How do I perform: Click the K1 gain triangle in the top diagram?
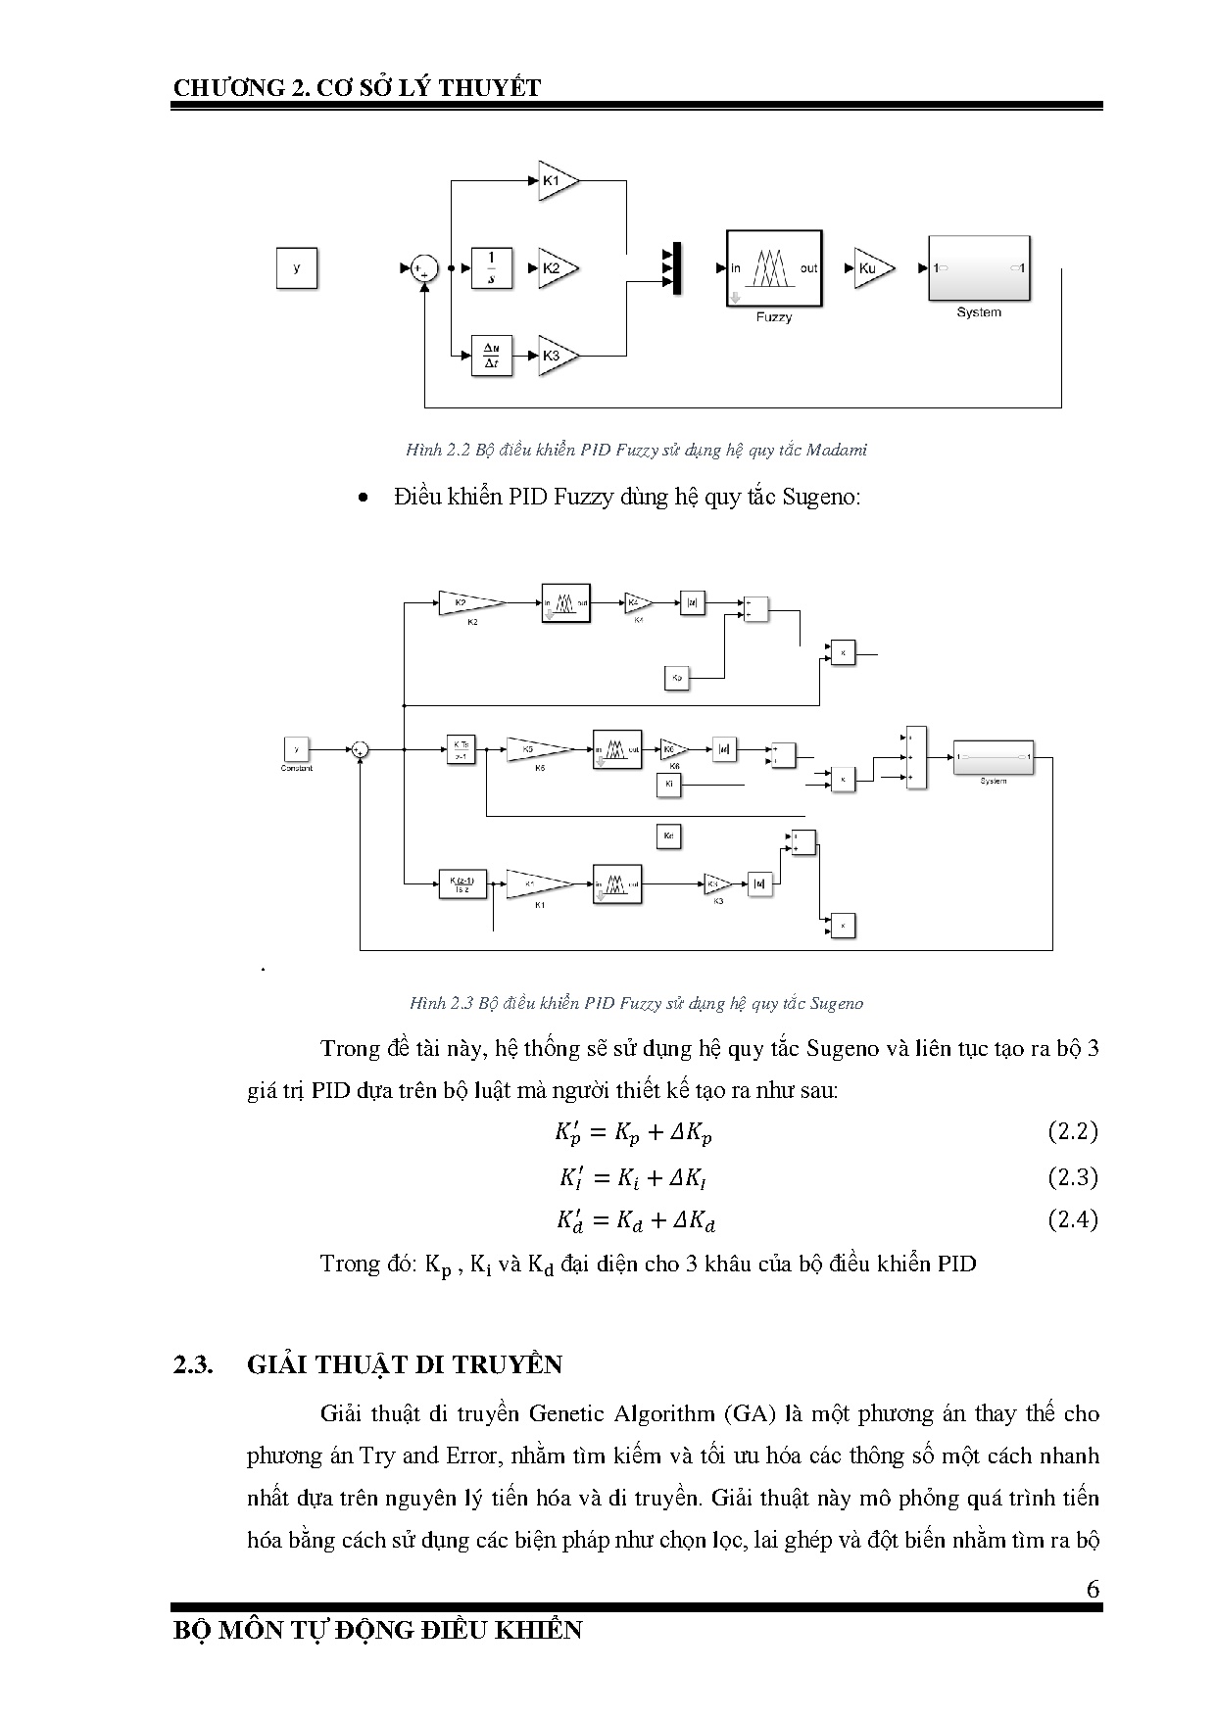pyautogui.click(x=557, y=181)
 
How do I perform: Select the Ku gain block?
pyautogui.click(x=872, y=268)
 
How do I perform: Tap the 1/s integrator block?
pyautogui.click(x=492, y=268)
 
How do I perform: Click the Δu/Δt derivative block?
pyautogui.click(x=492, y=355)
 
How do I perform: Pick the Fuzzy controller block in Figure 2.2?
pyautogui.click(x=774, y=268)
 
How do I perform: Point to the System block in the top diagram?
pyautogui.click(x=979, y=267)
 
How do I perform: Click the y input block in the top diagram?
pyautogui.click(x=297, y=268)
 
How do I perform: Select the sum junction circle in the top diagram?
pyautogui.click(x=424, y=268)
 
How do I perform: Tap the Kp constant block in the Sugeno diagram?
pyautogui.click(x=677, y=677)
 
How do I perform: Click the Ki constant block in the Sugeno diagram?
pyautogui.click(x=669, y=785)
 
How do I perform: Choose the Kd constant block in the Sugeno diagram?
pyautogui.click(x=668, y=836)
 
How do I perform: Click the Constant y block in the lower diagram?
pyautogui.click(x=296, y=749)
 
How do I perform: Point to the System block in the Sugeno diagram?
pyautogui.click(x=994, y=756)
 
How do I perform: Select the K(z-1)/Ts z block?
pyautogui.click(x=462, y=884)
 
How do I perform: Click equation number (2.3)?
pyautogui.click(x=1072, y=1176)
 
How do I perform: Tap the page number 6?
pyautogui.click(x=1093, y=1589)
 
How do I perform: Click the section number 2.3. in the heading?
pyautogui.click(x=194, y=1364)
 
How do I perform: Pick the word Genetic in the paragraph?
pyautogui.click(x=567, y=1413)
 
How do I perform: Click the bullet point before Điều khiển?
pyautogui.click(x=364, y=499)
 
